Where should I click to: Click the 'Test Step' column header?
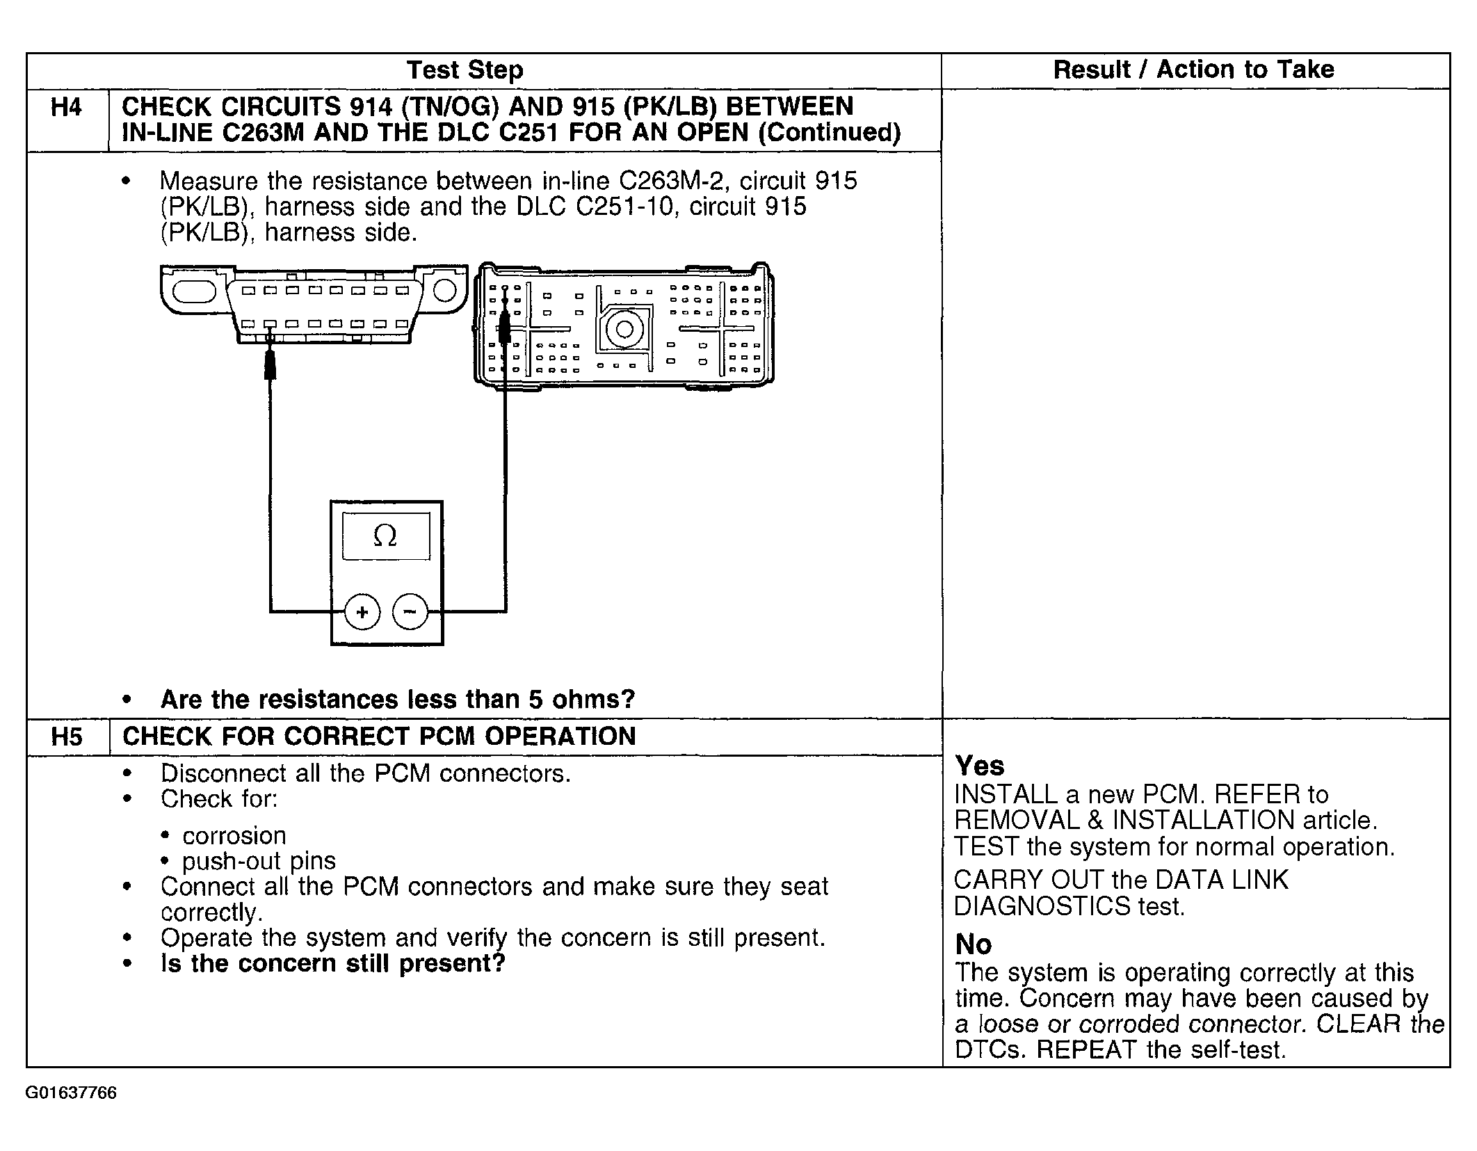coord(465,70)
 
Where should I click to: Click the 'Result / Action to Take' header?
coord(1193,70)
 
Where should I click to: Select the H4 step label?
coord(66,108)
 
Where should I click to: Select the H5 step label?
coord(66,737)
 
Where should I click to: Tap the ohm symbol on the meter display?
coord(385,536)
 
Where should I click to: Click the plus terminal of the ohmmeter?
coord(362,612)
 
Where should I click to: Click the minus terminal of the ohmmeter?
coord(410,612)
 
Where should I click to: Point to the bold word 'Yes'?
coord(980,766)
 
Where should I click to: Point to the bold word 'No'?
coord(974,944)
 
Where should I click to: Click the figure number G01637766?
coord(71,1093)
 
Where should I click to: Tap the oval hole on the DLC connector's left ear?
coord(194,291)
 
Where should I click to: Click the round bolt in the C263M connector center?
coord(624,330)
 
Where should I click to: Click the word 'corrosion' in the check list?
coord(234,835)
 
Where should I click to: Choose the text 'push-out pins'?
coord(259,861)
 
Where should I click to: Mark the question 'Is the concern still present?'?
coord(332,964)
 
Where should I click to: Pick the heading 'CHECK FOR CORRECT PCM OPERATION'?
coord(379,737)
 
